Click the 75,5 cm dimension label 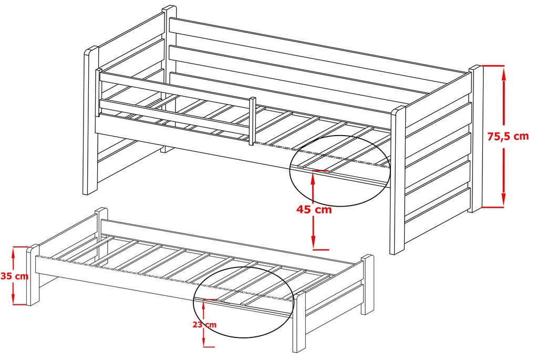coord(508,137)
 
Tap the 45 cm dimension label coord(314,209)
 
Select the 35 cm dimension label coord(14,276)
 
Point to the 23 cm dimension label coord(204,324)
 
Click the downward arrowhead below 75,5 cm coord(503,200)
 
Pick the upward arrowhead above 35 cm coord(13,253)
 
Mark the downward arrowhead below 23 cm coord(203,342)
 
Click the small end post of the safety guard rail coord(253,121)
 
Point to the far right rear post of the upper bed coord(476,138)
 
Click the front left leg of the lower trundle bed coord(33,275)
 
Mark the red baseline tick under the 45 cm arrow coord(321,250)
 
